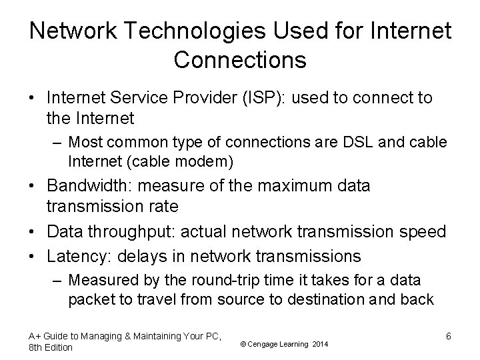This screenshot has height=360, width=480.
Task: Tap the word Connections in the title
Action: (240, 60)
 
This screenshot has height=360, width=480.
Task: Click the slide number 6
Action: (449, 337)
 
